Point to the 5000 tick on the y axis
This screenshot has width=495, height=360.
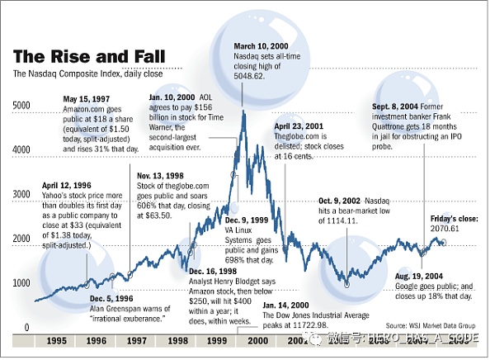click(x=21, y=106)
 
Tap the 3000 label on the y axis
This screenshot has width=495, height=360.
click(x=21, y=194)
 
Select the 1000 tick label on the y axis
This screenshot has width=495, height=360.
click(x=21, y=283)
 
